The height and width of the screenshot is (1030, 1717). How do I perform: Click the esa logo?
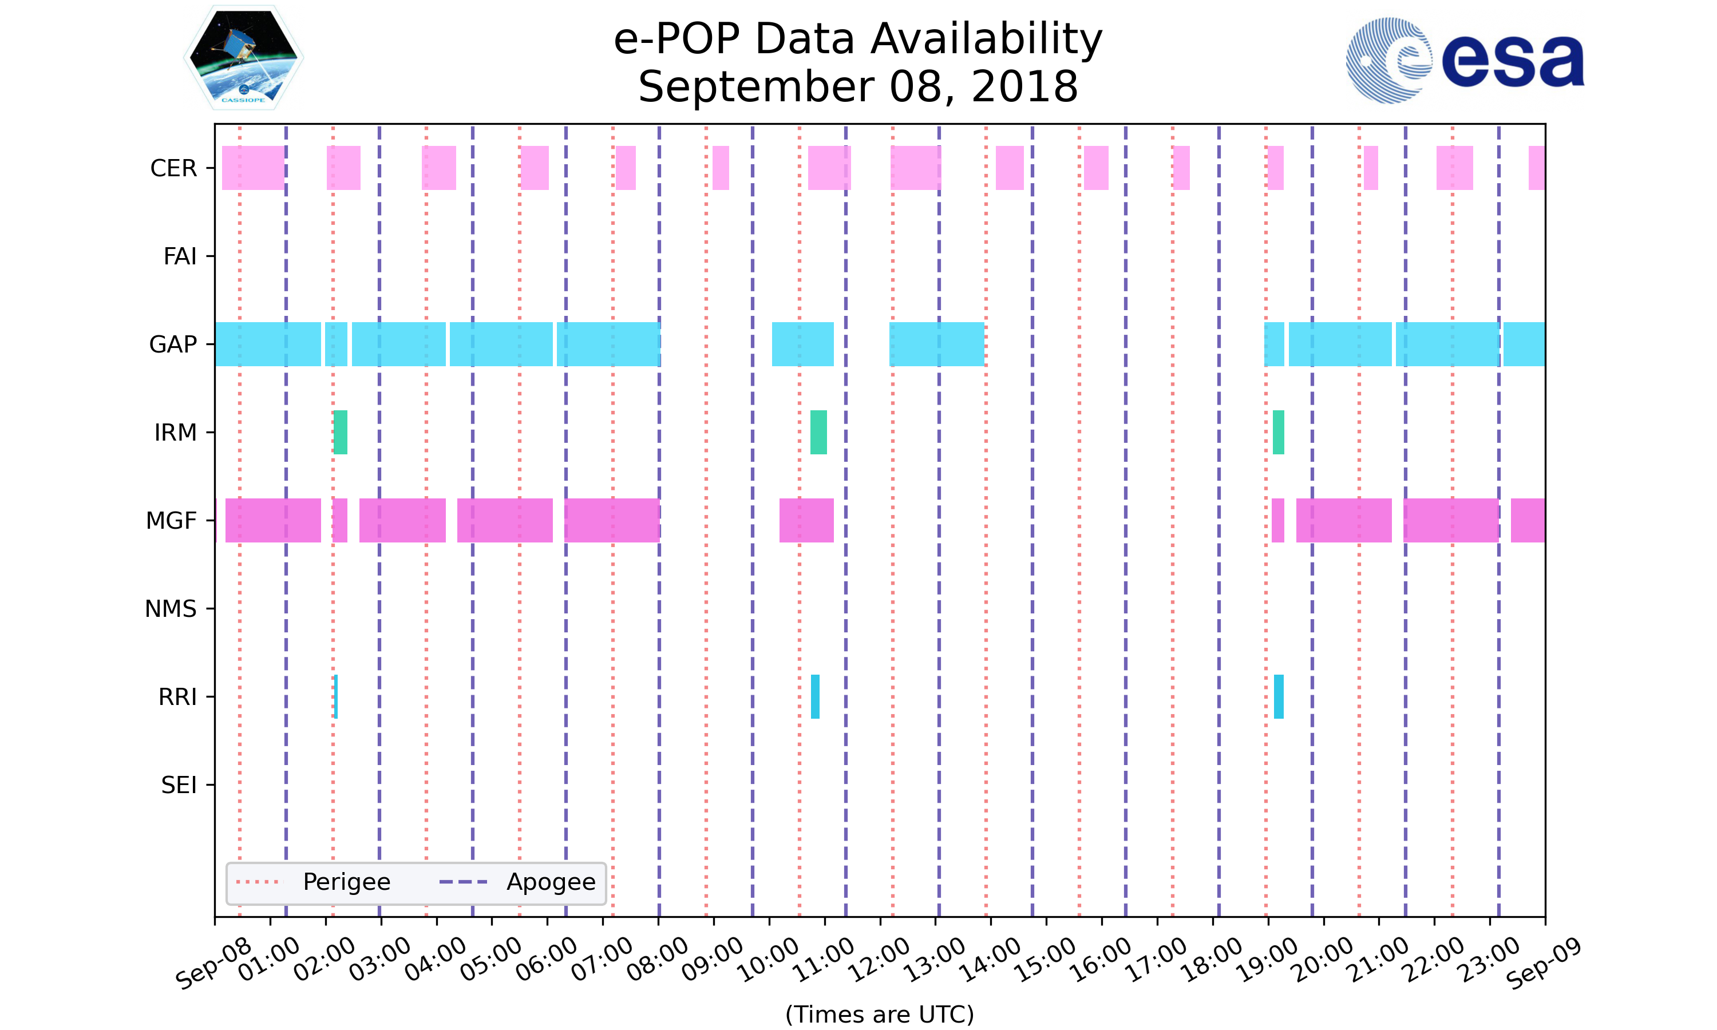(x=1465, y=61)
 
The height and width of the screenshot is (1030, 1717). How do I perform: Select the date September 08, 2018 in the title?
(x=858, y=87)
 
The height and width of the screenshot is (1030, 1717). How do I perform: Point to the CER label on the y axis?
(x=173, y=168)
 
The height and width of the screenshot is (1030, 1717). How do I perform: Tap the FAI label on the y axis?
(x=180, y=256)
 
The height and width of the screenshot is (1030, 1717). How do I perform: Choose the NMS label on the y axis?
(x=171, y=609)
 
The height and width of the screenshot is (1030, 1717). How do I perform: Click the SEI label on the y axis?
(x=179, y=785)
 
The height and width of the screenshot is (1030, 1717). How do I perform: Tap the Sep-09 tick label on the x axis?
(x=1543, y=962)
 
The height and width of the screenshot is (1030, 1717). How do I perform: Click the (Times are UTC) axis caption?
(x=879, y=1014)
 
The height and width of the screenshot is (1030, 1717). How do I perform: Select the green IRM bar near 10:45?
(x=818, y=433)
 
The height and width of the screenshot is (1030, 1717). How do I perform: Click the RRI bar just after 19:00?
(x=1279, y=696)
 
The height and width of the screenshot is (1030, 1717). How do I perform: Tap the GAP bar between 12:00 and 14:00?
(x=936, y=344)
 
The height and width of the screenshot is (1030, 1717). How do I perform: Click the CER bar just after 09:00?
(x=721, y=168)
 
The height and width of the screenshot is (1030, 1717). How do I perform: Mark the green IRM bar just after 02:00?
(x=340, y=433)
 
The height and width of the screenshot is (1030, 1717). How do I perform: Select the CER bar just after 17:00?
(x=1181, y=168)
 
